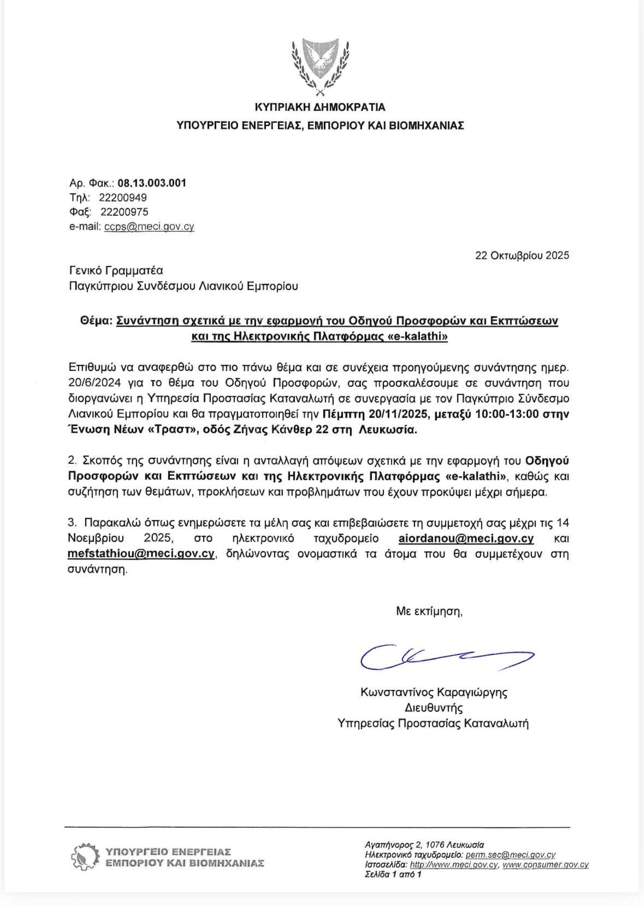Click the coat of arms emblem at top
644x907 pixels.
tap(321, 64)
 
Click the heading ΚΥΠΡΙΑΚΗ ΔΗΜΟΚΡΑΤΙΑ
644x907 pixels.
tap(321, 107)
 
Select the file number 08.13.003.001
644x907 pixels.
tap(152, 183)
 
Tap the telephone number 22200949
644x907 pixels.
tap(123, 197)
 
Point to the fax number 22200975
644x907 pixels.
tap(125, 212)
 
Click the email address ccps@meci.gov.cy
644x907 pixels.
tap(149, 227)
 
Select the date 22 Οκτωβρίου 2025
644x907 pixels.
tap(522, 255)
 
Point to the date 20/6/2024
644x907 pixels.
tap(93, 383)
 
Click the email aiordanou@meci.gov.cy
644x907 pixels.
tap(466, 539)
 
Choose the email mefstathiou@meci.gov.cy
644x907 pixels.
tap(141, 554)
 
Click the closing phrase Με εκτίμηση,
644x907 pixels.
tap(429, 611)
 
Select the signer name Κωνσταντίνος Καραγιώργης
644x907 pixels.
tap(434, 693)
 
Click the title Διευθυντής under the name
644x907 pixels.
tap(434, 708)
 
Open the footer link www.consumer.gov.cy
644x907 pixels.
tap(545, 865)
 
